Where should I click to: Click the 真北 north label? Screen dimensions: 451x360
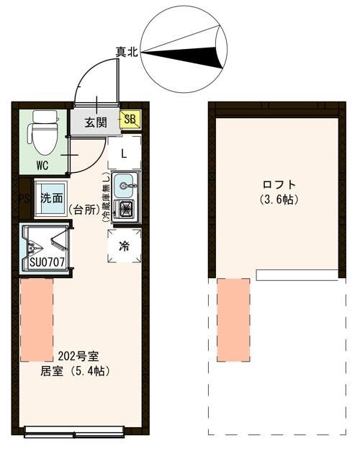127,51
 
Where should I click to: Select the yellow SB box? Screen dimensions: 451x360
130,120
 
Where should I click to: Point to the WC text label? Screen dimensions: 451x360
42,165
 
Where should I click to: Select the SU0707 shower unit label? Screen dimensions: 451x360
48,262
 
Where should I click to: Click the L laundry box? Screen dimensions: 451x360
124,153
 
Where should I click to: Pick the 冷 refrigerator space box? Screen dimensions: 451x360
124,246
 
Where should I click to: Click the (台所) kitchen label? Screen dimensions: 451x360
85,210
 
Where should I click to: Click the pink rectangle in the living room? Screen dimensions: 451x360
37,321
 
